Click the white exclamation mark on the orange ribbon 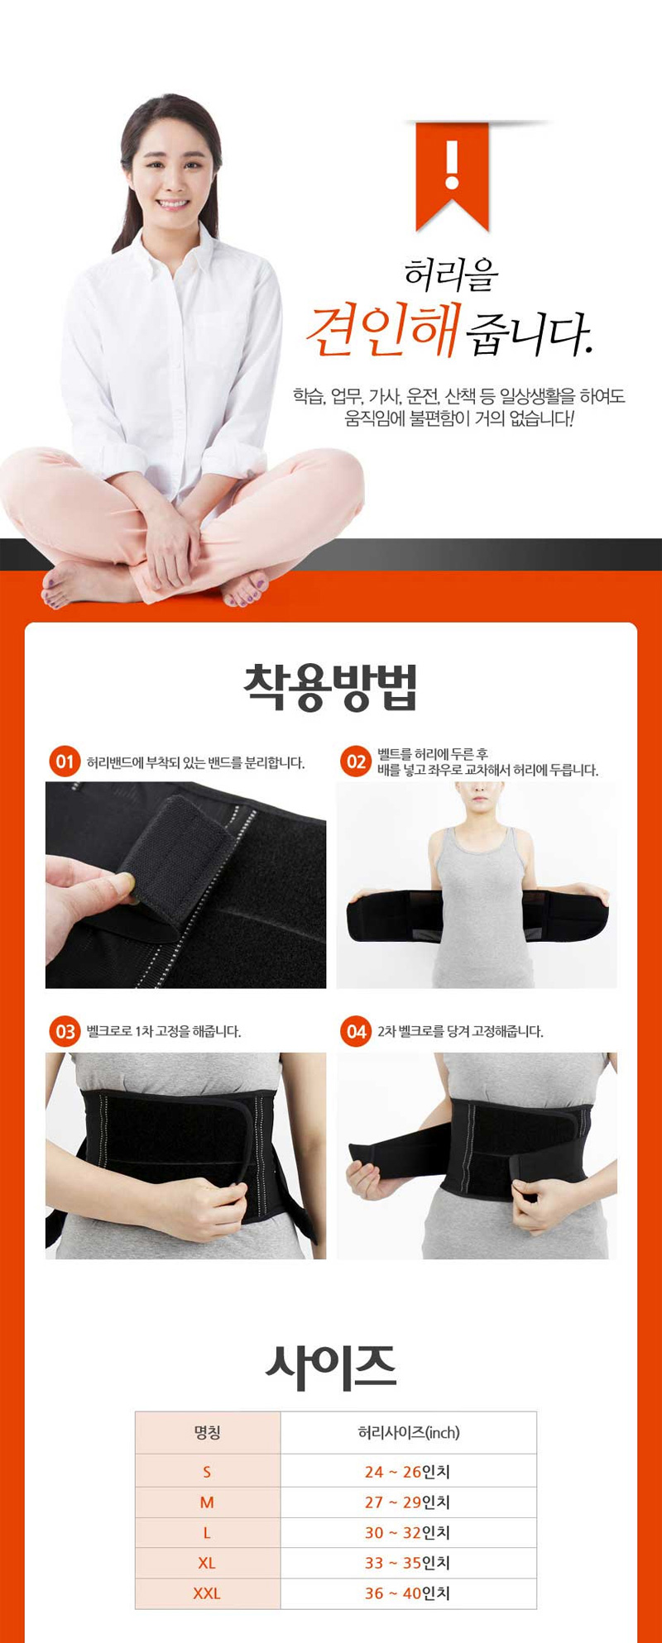[x=452, y=164]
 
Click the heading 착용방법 [x=331, y=687]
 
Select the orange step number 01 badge [x=65, y=762]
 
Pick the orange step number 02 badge [x=356, y=762]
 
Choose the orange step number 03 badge [x=65, y=1031]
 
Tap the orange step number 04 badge [x=356, y=1031]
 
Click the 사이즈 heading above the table [x=331, y=1367]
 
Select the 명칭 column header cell [x=208, y=1432]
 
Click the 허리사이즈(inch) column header [x=409, y=1432]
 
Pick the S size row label [x=207, y=1472]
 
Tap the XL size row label [x=207, y=1563]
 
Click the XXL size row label [x=207, y=1593]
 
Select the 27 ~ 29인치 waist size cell [x=407, y=1502]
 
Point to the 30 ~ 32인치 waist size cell [x=407, y=1533]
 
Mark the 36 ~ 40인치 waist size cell [x=407, y=1593]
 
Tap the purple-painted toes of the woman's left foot [x=245, y=590]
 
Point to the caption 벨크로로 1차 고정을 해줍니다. [x=164, y=1032]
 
